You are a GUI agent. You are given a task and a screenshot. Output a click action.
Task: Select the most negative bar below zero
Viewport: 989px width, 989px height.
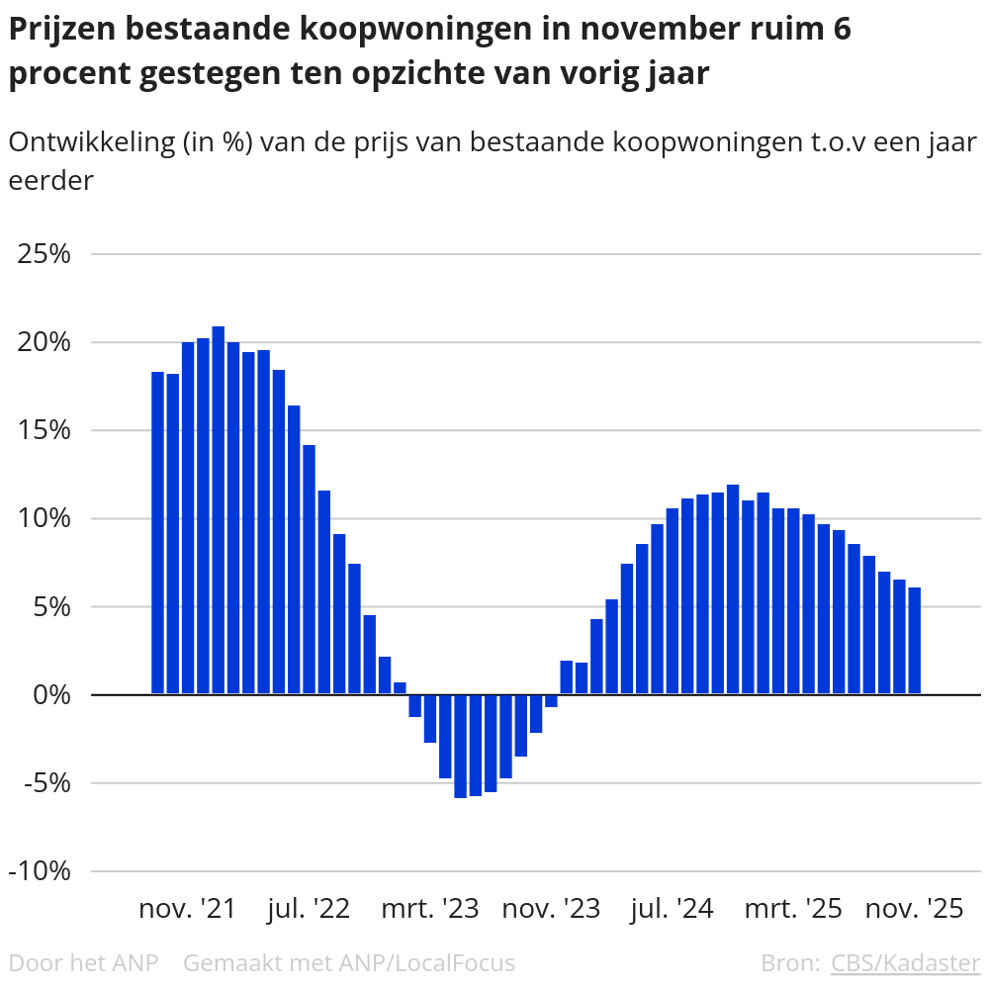point(460,746)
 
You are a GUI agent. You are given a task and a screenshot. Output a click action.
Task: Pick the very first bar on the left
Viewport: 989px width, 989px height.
point(157,533)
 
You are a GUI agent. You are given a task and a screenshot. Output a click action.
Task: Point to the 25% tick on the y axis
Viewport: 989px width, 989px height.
point(45,254)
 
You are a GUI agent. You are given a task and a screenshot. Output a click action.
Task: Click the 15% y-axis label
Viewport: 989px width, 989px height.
point(45,430)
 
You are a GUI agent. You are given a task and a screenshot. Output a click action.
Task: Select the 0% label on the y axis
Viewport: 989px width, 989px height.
point(53,694)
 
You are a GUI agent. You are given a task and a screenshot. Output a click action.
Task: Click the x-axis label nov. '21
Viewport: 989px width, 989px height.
point(188,909)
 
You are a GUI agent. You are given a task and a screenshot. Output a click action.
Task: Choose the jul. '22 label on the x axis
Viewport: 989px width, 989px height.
point(309,909)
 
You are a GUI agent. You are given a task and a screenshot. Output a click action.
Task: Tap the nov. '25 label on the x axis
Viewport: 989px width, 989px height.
point(914,909)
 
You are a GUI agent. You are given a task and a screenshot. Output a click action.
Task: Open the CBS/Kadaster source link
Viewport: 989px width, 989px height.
point(905,962)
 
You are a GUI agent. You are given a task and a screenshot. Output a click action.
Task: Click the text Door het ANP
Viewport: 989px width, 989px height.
point(83,962)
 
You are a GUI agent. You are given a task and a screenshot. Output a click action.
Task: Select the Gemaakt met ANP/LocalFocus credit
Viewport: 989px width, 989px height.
point(349,962)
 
